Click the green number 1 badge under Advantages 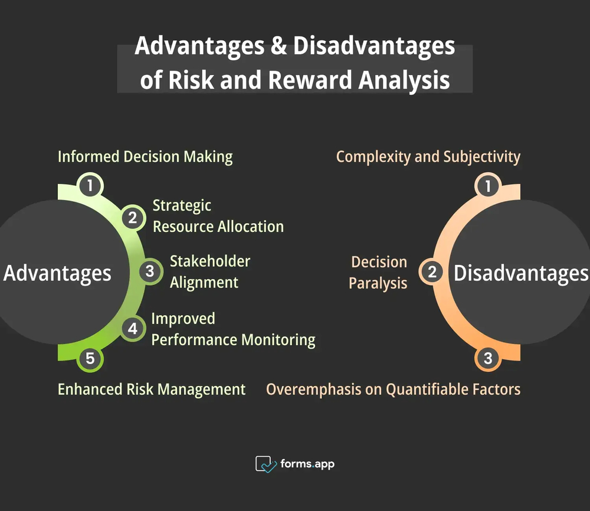point(90,186)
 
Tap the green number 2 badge point(133,218)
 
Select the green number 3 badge point(150,271)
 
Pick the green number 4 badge point(133,329)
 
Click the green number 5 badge point(90,358)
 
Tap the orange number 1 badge point(488,186)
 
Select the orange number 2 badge point(432,272)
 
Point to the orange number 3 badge point(488,358)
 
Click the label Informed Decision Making point(145,157)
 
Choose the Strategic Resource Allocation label point(218,216)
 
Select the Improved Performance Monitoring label point(232,329)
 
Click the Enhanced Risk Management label point(152,389)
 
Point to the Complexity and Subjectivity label point(428,157)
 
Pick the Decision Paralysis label point(378,273)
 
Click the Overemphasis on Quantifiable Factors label point(394,389)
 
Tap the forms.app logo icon point(265,464)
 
